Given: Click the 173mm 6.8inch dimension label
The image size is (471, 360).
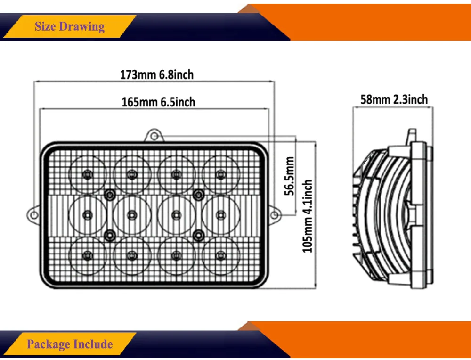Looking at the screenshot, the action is click(157, 74).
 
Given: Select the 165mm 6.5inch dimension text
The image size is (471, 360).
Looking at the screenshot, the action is click(158, 102).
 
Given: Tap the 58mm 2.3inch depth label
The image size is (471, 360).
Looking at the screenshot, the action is click(394, 99).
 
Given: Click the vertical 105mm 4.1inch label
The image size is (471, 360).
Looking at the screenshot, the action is click(308, 216).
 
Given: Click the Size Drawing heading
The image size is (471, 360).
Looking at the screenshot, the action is click(70, 26).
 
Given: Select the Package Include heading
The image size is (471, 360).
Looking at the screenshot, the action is click(70, 344).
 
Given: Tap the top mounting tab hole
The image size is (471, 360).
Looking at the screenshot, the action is click(154, 137).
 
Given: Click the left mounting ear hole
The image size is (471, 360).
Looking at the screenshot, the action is click(34, 214).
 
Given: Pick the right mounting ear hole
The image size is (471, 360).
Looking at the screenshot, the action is click(274, 214).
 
